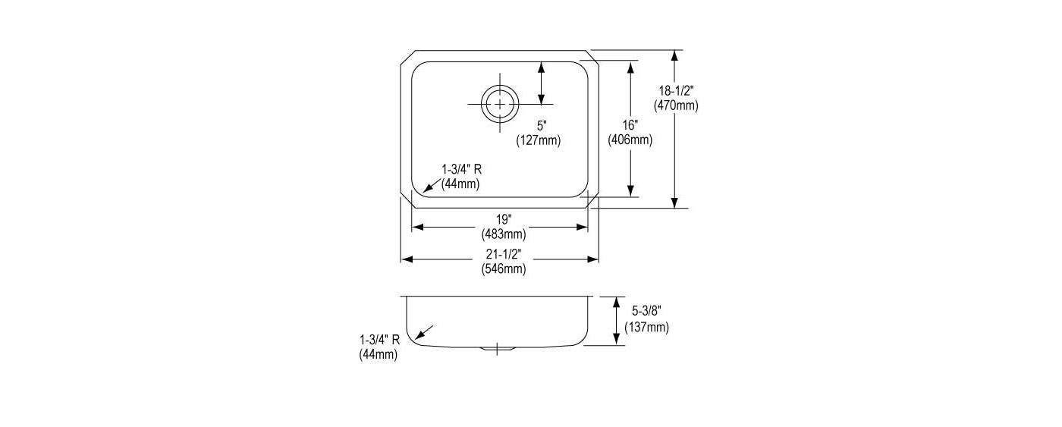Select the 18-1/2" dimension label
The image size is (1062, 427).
(x=676, y=90)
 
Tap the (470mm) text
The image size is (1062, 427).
(x=676, y=105)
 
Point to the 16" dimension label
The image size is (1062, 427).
(x=630, y=125)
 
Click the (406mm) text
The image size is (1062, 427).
(x=630, y=140)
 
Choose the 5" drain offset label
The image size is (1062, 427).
(x=542, y=126)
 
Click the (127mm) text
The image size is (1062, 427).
(x=539, y=140)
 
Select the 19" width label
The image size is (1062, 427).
(x=504, y=219)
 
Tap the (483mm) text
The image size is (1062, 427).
(x=504, y=234)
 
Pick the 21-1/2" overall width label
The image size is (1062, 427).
(x=504, y=254)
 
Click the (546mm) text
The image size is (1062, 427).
(x=504, y=269)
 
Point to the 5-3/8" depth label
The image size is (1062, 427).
(x=646, y=311)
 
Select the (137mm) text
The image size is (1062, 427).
(x=646, y=327)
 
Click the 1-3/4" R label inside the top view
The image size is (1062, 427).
(x=462, y=168)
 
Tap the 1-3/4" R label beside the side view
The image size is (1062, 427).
(x=380, y=339)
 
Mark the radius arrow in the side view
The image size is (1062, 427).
(x=424, y=332)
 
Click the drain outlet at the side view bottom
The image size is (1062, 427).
(x=497, y=349)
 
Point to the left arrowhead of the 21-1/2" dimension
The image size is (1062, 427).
(x=407, y=259)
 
